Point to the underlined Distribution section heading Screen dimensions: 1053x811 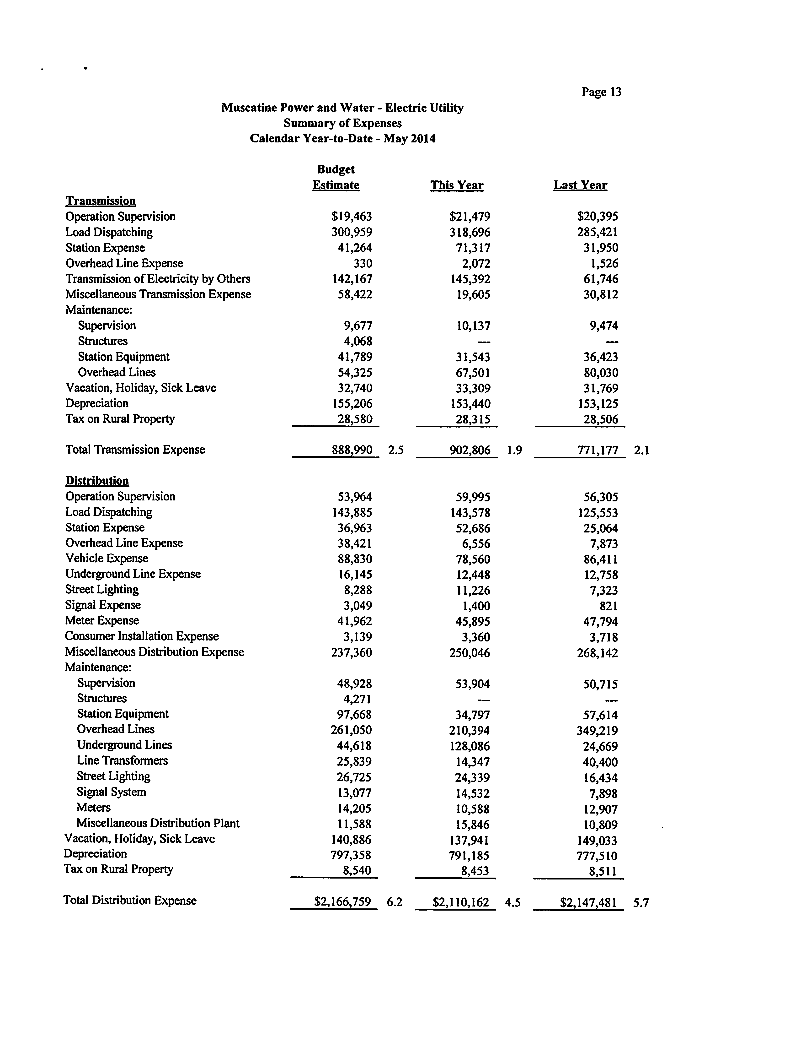(x=97, y=481)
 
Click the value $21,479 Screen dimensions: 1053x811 (x=470, y=217)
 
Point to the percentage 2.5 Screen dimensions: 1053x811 (x=396, y=450)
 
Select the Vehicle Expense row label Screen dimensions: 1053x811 (x=107, y=558)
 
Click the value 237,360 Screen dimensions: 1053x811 (x=351, y=653)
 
